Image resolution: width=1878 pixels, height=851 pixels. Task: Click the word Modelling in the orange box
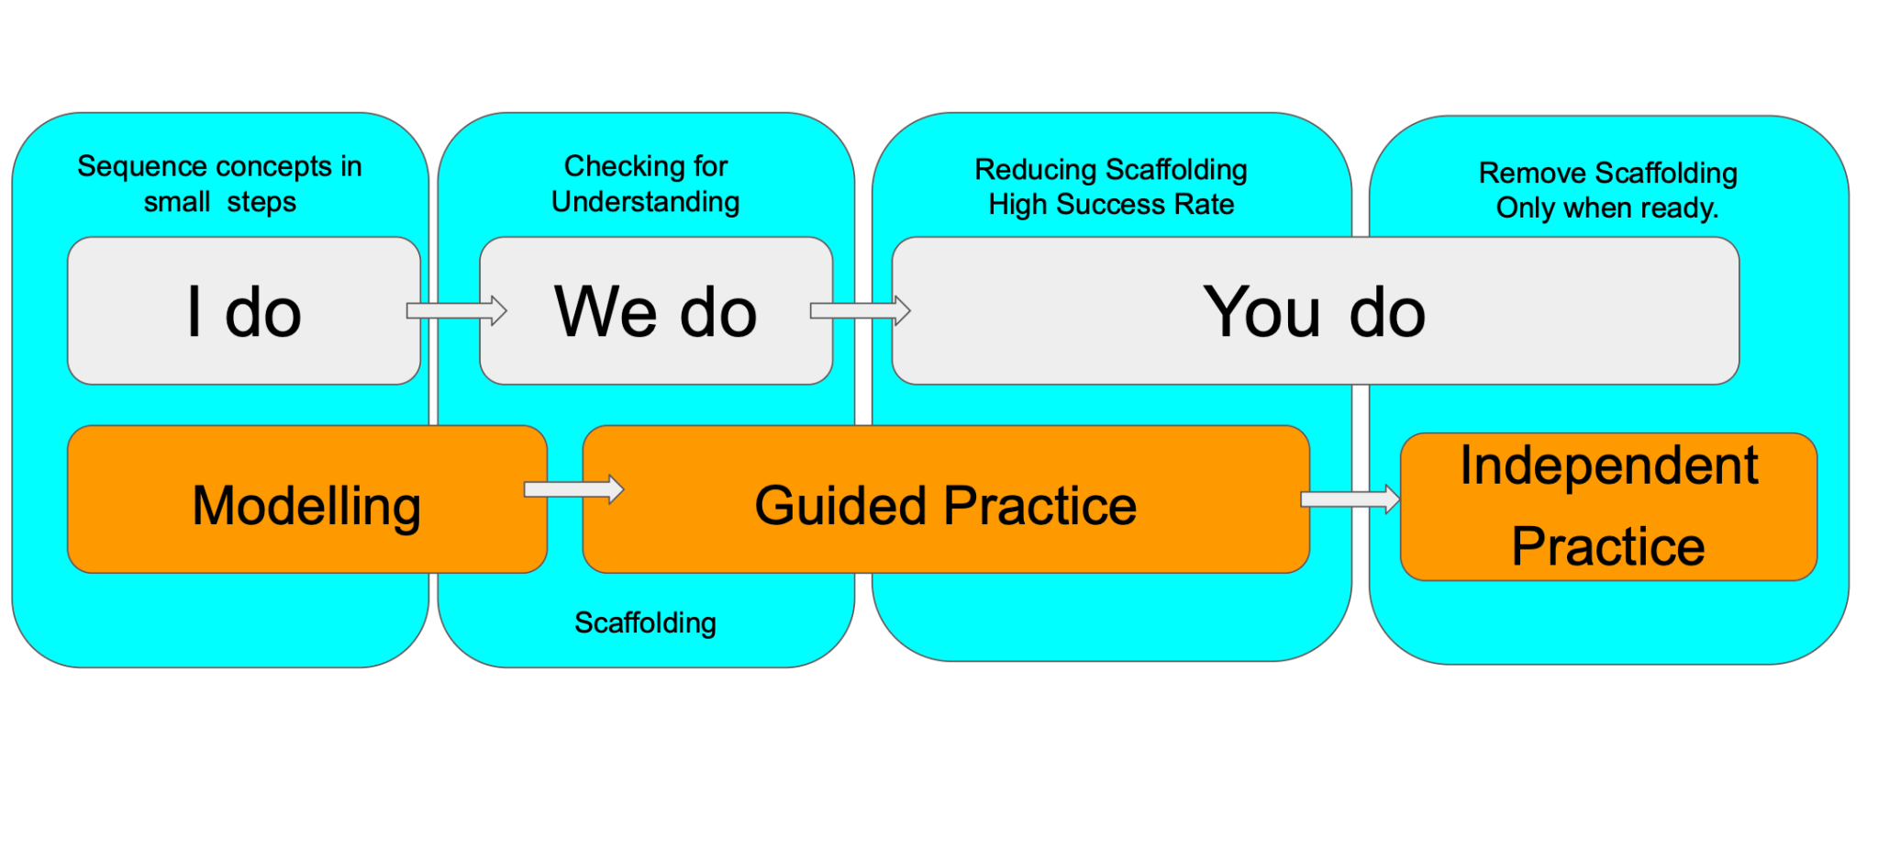(306, 506)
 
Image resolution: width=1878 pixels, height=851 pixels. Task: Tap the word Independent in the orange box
(1608, 465)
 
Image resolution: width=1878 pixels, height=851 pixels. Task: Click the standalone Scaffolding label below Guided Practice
(645, 622)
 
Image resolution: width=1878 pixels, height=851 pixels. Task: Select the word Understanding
(645, 202)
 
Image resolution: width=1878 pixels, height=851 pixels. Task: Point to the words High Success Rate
(1111, 205)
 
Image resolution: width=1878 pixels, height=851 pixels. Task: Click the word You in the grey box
(1261, 312)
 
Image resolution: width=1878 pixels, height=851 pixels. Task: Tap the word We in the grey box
(606, 312)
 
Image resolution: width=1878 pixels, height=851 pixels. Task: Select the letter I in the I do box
(194, 312)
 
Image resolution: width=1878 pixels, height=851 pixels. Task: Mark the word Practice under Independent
(1608, 547)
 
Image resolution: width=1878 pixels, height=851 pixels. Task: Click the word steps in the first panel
(261, 202)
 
